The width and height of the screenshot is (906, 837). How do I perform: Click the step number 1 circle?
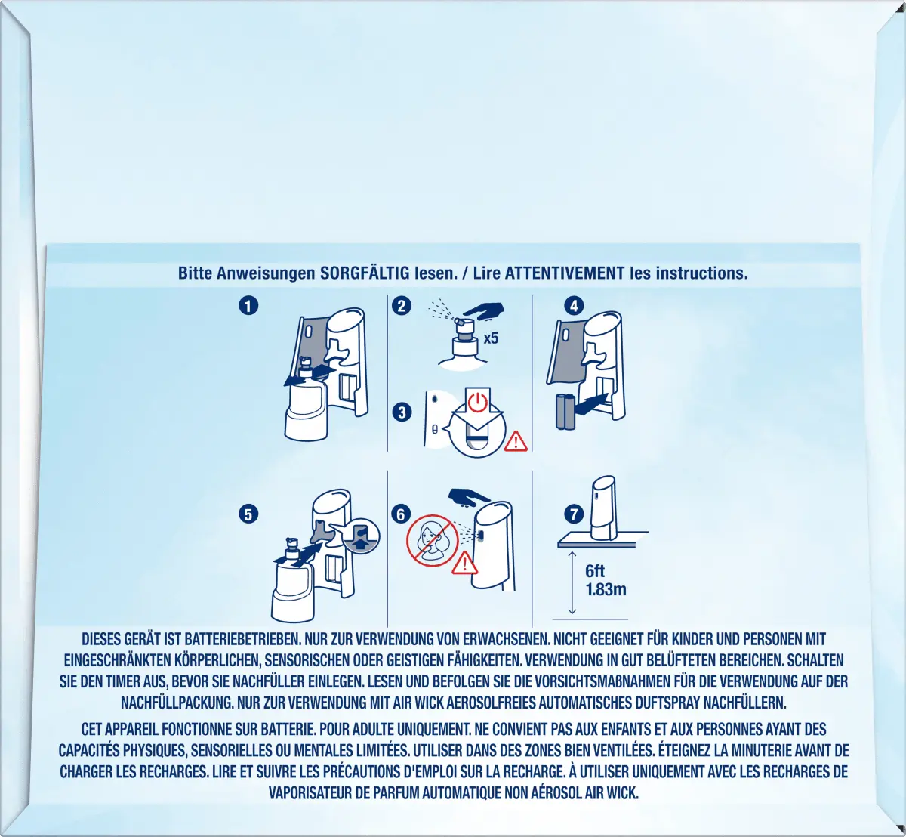[248, 305]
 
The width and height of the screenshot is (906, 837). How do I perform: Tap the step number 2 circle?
[402, 305]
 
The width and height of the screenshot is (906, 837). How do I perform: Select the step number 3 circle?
[402, 412]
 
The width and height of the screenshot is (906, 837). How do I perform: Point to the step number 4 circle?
[574, 305]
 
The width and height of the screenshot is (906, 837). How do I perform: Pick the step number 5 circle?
[248, 514]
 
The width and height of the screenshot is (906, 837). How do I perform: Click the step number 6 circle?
[401, 514]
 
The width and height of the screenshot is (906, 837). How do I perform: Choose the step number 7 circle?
[574, 514]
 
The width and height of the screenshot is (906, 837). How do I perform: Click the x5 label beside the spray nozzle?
[491, 338]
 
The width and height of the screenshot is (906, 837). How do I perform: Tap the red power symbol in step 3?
[478, 403]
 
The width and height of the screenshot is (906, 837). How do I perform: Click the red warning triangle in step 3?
[516, 441]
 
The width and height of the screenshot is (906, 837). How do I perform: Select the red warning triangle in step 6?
[464, 563]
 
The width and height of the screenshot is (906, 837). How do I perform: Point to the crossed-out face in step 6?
[432, 541]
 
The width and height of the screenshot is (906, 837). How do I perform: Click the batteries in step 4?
[565, 412]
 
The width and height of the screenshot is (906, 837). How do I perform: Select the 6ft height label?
[595, 571]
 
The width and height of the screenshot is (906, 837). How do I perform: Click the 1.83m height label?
[606, 589]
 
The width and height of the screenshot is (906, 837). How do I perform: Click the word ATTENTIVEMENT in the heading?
[565, 273]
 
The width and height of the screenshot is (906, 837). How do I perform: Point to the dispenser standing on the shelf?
[603, 508]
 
